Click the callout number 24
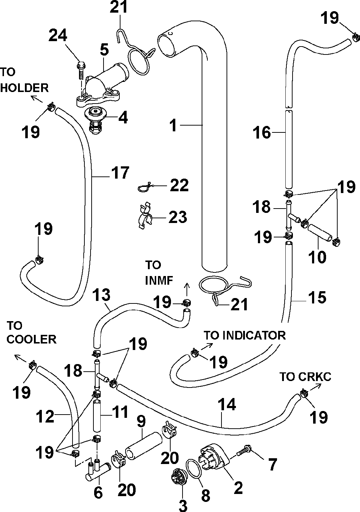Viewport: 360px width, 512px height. (58, 35)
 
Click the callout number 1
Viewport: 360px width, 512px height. (174, 125)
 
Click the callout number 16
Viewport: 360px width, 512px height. (262, 132)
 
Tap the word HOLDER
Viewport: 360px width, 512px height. (25, 88)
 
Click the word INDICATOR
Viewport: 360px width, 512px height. (254, 335)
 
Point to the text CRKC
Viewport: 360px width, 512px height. (315, 377)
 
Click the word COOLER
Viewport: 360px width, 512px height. (31, 340)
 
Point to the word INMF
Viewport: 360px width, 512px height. (159, 280)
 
